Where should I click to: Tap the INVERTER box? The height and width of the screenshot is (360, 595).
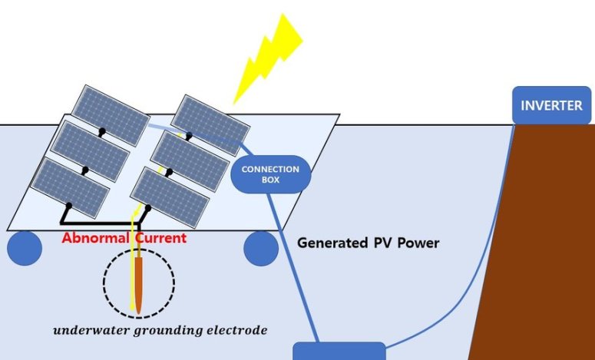pos(551,105)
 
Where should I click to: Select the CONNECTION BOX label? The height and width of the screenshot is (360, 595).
pos(270,173)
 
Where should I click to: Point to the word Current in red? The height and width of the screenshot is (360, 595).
pos(160,238)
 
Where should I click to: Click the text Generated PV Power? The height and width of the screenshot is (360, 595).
pos(368,243)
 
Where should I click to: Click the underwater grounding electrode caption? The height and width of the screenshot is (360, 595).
pos(160,331)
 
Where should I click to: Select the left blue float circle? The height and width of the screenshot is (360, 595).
pos(25,248)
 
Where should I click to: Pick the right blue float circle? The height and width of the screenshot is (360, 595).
pos(261,248)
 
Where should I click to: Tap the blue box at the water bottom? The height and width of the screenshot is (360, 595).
pos(339,352)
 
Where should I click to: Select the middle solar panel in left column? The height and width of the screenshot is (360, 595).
pos(90,150)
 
